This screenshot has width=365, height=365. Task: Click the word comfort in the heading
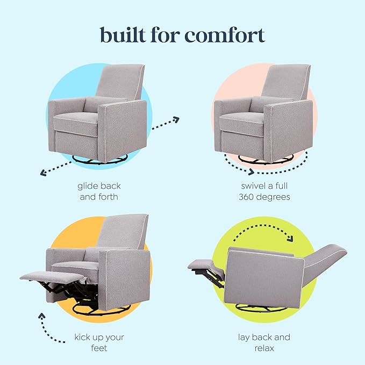coord(225,35)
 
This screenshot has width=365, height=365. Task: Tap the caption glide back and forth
coord(99,191)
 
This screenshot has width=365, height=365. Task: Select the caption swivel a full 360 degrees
coord(264,191)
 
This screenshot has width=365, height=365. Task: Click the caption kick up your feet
coord(98,343)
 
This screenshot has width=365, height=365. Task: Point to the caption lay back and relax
coord(264,343)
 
